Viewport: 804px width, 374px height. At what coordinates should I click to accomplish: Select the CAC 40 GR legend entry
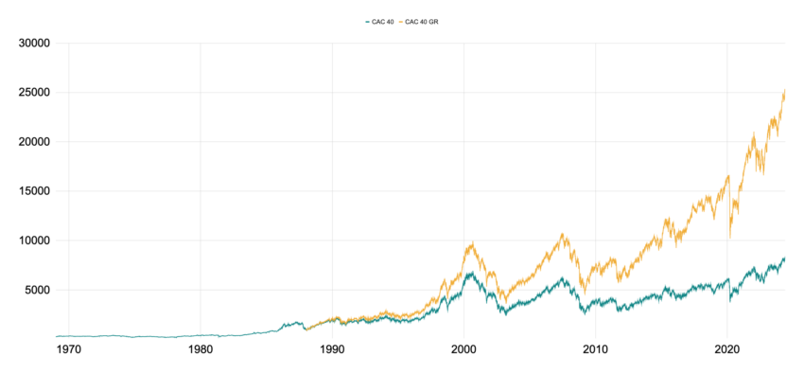419,21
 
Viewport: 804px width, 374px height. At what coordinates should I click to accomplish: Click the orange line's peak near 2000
470,243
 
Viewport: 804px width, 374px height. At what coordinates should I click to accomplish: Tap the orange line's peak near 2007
564,233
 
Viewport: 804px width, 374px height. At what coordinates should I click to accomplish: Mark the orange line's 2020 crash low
730,237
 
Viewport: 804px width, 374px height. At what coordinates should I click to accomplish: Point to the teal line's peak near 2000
469,273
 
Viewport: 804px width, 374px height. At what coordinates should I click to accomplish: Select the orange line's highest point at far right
784,90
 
